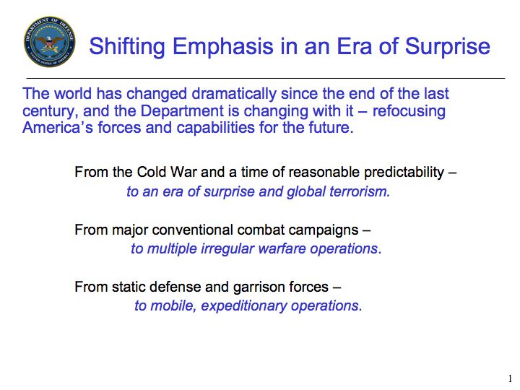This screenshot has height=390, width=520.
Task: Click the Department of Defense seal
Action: [x=49, y=41]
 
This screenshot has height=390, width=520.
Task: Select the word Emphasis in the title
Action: [x=223, y=46]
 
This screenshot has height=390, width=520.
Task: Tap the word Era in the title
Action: [x=355, y=45]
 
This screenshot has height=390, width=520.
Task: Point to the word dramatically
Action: [x=234, y=94]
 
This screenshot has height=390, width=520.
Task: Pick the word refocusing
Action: [x=409, y=111]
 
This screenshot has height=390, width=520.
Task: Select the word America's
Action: [x=58, y=128]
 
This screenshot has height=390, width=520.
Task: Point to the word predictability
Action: [x=404, y=173]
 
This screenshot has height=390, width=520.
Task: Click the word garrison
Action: [x=255, y=287]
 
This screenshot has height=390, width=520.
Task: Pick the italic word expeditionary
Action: [x=244, y=306]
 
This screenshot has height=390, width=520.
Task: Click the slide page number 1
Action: [x=510, y=378]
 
